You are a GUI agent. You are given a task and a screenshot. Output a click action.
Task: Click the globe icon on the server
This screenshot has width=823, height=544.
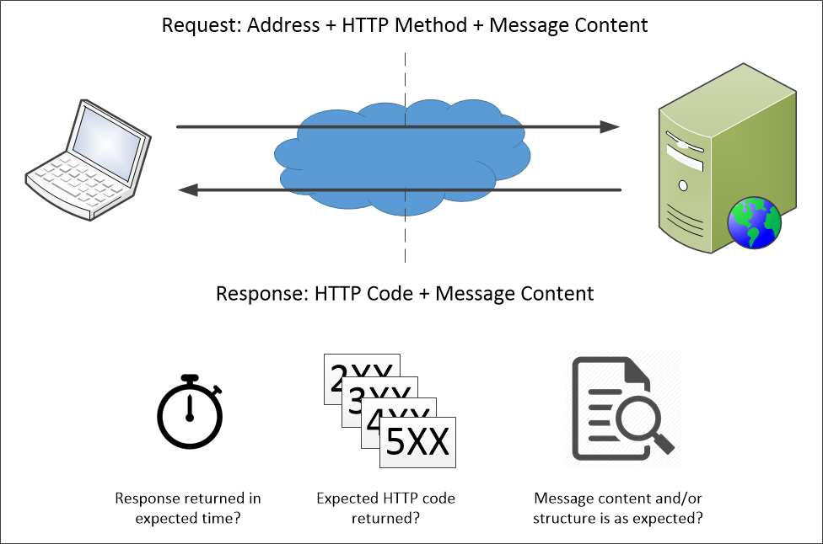point(755,224)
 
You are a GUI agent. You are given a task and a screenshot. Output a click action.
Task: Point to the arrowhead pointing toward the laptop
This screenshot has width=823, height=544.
point(187,190)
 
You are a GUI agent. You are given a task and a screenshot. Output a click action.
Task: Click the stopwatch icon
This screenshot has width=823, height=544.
point(191,413)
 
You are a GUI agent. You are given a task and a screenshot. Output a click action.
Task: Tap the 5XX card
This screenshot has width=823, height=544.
point(417,442)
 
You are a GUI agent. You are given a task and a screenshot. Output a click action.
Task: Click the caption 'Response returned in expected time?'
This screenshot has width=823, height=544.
point(187,508)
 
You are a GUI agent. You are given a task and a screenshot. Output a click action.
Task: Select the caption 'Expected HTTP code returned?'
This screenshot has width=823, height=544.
point(385,508)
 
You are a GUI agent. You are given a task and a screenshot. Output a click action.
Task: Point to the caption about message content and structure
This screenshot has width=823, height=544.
point(617,508)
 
